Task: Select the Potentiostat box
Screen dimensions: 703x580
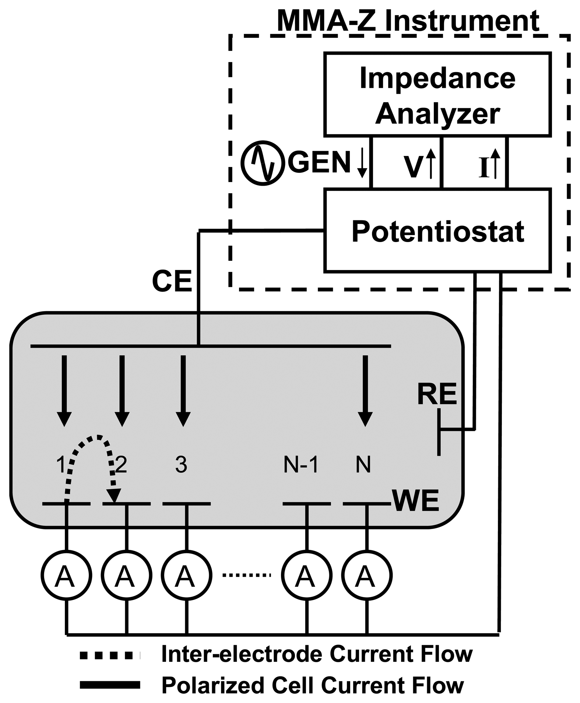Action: click(x=437, y=231)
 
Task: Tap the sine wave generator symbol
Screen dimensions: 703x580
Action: click(x=263, y=163)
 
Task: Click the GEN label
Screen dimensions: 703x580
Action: click(x=319, y=163)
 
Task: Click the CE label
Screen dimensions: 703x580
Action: click(x=172, y=281)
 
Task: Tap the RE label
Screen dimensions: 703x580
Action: click(x=437, y=394)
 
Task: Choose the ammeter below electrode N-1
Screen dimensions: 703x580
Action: click(x=306, y=576)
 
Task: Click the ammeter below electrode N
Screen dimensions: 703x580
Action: click(x=366, y=576)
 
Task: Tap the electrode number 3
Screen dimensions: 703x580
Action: click(x=181, y=465)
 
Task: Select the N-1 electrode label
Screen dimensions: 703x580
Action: click(x=301, y=465)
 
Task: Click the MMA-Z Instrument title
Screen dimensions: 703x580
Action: click(x=408, y=21)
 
